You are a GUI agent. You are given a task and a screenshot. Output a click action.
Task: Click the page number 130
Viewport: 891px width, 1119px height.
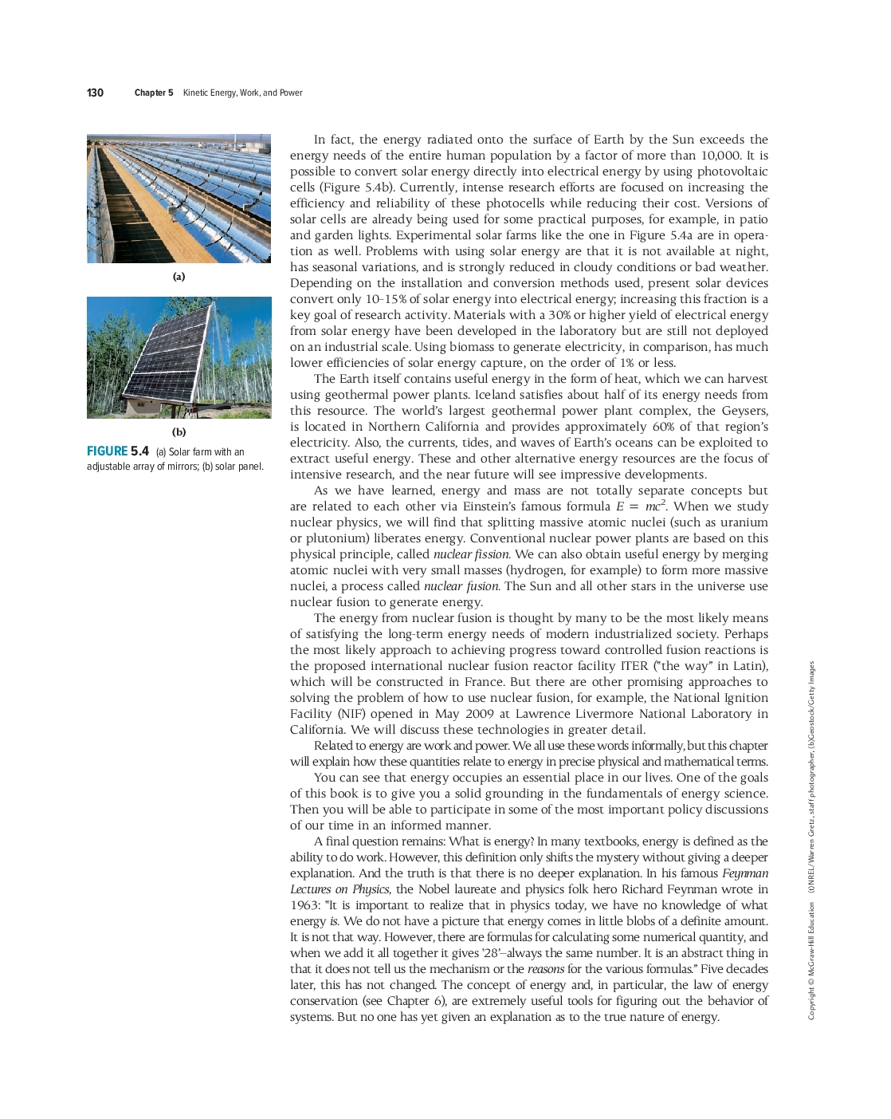pyautogui.click(x=95, y=93)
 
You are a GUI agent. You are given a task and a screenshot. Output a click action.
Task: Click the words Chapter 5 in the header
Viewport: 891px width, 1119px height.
pyautogui.click(x=154, y=93)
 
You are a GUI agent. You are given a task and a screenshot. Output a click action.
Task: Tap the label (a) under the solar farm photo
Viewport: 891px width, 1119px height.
pyautogui.click(x=179, y=277)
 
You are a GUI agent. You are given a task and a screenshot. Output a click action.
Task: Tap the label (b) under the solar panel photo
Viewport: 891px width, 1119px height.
pyautogui.click(x=179, y=432)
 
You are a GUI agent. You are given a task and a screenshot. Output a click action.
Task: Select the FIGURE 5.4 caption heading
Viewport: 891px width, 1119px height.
pyautogui.click(x=118, y=451)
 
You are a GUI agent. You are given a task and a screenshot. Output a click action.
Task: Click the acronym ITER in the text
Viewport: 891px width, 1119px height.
pyautogui.click(x=634, y=666)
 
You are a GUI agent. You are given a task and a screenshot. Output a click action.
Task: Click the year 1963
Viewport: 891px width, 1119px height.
pyautogui.click(x=304, y=905)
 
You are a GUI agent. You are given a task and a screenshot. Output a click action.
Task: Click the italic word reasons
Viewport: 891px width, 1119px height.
pyautogui.click(x=546, y=969)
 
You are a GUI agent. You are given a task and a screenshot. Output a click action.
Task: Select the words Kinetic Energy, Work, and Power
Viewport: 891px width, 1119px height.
pyautogui.click(x=242, y=93)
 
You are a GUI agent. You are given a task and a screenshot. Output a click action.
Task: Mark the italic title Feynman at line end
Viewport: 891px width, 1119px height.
pyautogui.click(x=745, y=873)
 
